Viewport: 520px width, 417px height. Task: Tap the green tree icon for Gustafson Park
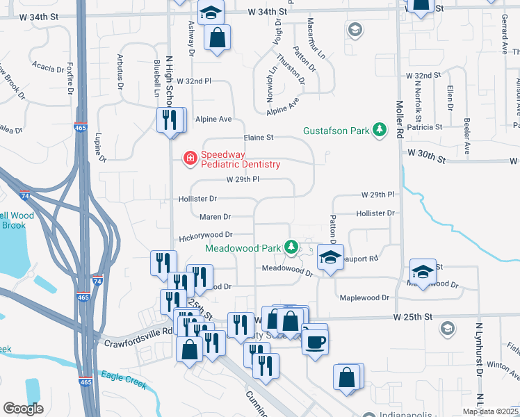(x=380, y=130)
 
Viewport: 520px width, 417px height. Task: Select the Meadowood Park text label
(x=243, y=248)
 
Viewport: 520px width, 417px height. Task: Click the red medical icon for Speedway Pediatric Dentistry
(x=189, y=159)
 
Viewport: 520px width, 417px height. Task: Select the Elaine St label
(x=259, y=138)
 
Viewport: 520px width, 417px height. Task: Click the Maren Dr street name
(x=215, y=217)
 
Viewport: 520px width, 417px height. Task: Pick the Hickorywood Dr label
(x=205, y=235)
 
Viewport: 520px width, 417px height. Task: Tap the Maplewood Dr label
(x=364, y=297)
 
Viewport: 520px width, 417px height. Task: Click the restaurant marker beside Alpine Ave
(x=171, y=120)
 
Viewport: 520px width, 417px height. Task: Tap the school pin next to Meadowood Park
(x=330, y=256)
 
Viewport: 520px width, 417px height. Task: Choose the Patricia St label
(x=425, y=127)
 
